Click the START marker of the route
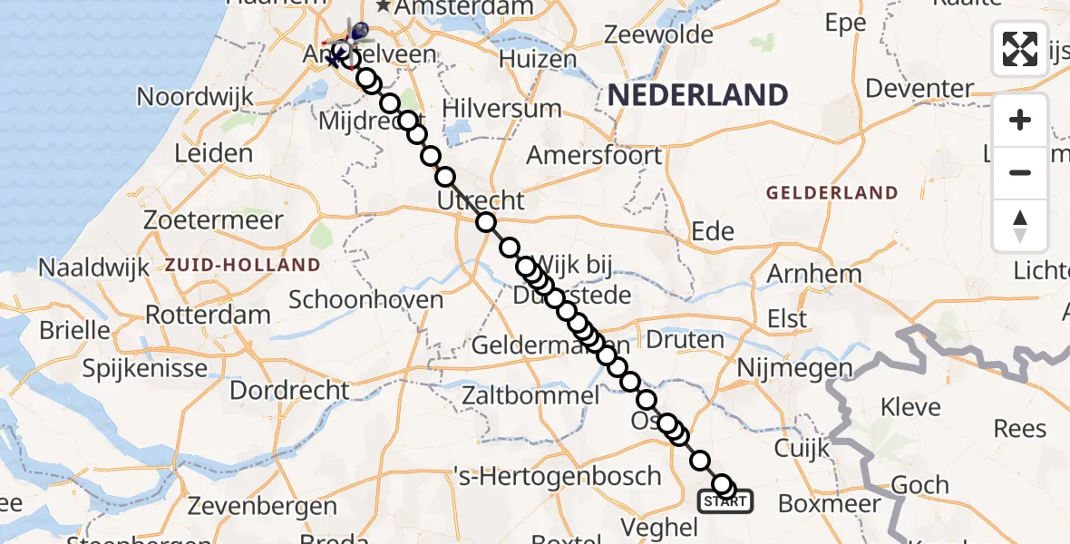tap(725, 500)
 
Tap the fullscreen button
tap(1020, 49)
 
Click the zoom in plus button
tap(1020, 120)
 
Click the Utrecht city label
tap(481, 200)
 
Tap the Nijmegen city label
tap(794, 368)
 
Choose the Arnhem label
tap(814, 274)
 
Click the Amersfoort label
tap(594, 155)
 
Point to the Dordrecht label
tap(289, 391)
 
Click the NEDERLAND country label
tap(697, 94)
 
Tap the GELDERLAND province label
tap(832, 193)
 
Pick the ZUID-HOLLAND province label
tap(242, 266)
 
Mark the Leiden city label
tap(213, 152)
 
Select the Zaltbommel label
tap(530, 395)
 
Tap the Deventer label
tap(919, 88)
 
